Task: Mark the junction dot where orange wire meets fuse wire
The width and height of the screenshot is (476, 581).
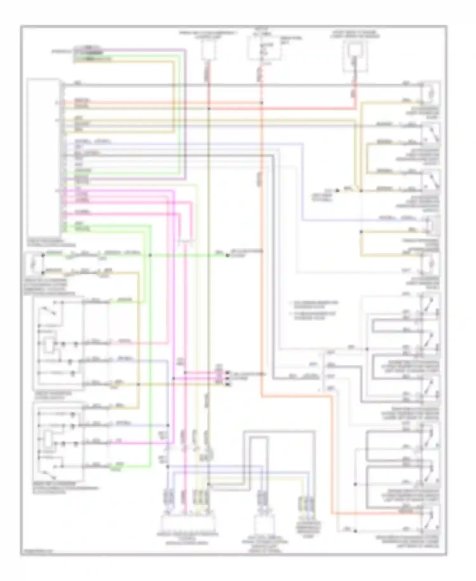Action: point(261,103)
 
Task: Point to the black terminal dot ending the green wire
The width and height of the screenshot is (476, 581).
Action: point(227,255)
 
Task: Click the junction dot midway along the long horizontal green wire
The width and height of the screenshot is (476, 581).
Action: point(150,255)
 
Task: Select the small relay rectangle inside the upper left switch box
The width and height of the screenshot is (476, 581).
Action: point(49,345)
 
